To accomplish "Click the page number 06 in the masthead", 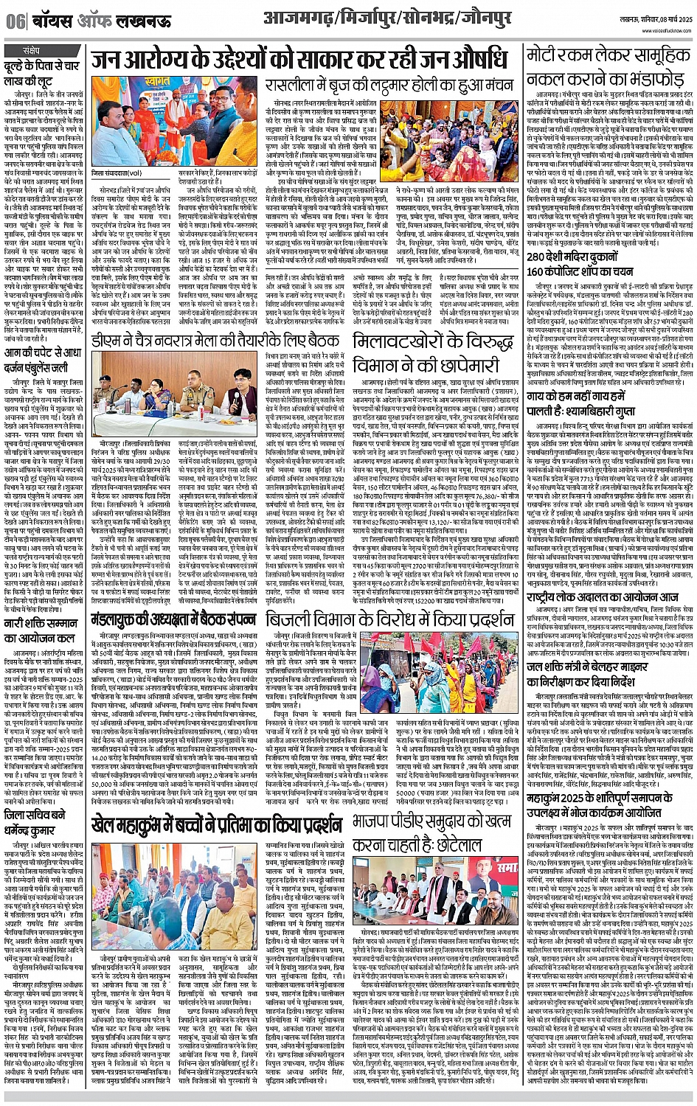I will pos(14,21).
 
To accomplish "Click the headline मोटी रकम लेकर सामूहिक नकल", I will pos(607,68).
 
